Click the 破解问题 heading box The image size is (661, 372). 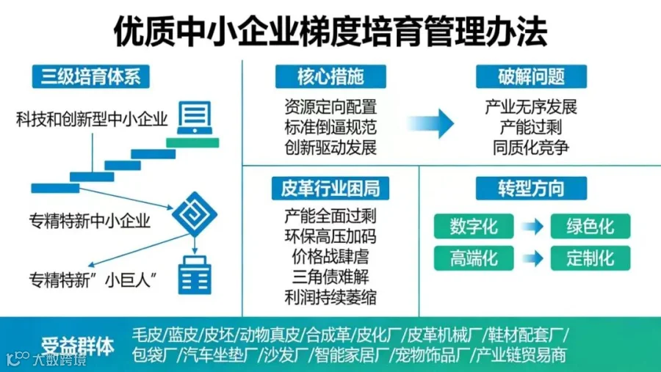pyautogui.click(x=531, y=76)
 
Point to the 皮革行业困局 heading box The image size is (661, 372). pyautogui.click(x=330, y=188)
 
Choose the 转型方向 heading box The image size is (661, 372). pyautogui.click(x=531, y=188)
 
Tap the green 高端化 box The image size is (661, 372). pyautogui.click(x=474, y=258)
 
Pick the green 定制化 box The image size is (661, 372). pyautogui.click(x=590, y=258)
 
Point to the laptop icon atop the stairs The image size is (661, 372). pyautogui.click(x=193, y=120)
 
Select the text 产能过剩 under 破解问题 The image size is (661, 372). pyautogui.click(x=531, y=127)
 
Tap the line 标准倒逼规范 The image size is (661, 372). pyautogui.click(x=330, y=127)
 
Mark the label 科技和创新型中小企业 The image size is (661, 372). pyautogui.click(x=92, y=118)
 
